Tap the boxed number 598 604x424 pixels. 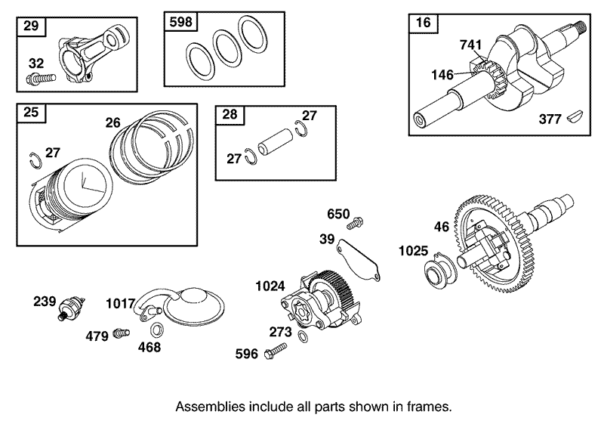(x=181, y=23)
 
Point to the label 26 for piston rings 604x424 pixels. (x=112, y=121)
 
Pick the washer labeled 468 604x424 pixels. (x=156, y=330)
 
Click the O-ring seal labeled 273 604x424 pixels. (x=302, y=336)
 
